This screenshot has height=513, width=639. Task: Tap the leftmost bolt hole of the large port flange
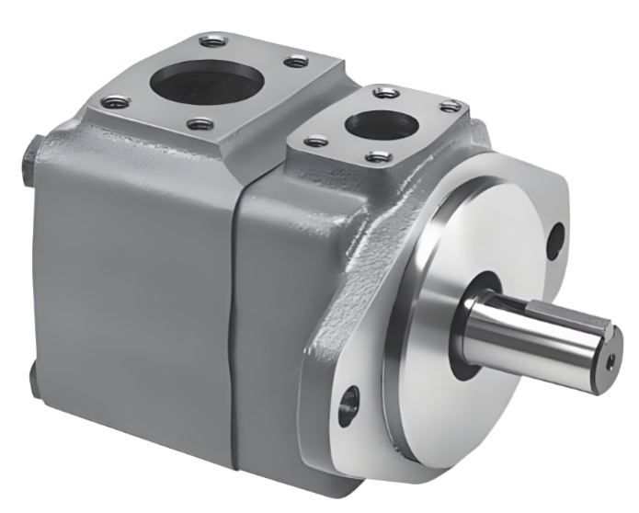coord(116,102)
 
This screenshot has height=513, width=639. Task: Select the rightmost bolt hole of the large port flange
coord(296,62)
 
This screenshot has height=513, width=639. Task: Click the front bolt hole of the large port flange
coord(200,124)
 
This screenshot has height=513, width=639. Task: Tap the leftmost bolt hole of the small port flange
coord(316,141)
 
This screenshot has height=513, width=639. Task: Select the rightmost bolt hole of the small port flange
coord(450,107)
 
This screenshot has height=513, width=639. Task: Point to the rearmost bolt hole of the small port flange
coord(383,91)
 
